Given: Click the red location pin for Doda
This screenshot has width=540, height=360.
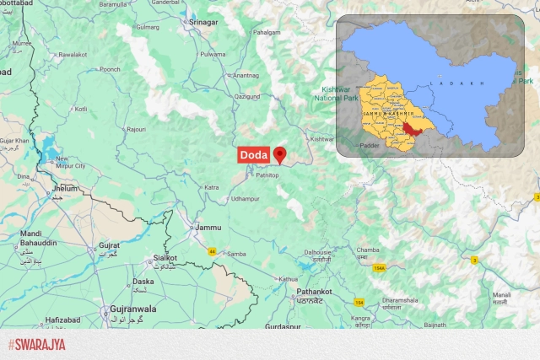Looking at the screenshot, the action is tap(280, 154).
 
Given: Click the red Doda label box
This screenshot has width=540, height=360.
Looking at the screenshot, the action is tap(254, 155).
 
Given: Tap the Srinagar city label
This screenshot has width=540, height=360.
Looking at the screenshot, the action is tap(203, 21).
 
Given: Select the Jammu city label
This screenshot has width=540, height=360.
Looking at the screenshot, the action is tap(208, 228).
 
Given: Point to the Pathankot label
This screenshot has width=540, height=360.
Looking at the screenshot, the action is tap(313, 292).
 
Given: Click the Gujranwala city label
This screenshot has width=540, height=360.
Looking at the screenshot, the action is tap(132, 309).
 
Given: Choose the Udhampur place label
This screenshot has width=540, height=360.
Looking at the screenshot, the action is tap(246, 198).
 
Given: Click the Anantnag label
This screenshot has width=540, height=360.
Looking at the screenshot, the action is tap(246, 76).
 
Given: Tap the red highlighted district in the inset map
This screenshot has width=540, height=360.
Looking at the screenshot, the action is tap(412, 129).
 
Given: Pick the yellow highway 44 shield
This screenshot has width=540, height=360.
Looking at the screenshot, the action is tap(210, 250).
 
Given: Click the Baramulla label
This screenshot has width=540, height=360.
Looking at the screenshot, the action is tap(113, 4).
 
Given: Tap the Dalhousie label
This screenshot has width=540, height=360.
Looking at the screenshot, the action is tap(318, 251).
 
